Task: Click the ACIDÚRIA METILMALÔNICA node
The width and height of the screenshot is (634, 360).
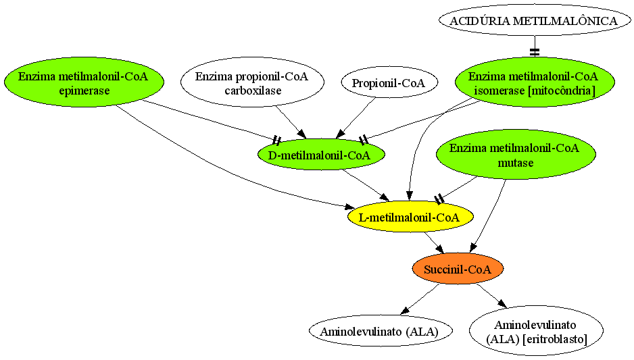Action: click(535, 21)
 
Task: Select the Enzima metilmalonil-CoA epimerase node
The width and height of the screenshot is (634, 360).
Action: click(84, 82)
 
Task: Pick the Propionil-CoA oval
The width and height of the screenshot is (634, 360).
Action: click(389, 82)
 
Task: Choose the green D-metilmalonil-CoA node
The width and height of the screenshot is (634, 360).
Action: click(321, 155)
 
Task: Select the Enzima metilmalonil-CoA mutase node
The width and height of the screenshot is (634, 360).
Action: click(516, 155)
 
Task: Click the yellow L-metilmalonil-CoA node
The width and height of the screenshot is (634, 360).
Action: click(410, 217)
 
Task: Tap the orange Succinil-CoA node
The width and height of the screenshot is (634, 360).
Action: click(458, 269)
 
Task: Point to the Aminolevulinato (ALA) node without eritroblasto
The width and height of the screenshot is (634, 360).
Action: click(381, 331)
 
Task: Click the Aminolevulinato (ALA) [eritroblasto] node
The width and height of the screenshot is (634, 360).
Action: click(536, 331)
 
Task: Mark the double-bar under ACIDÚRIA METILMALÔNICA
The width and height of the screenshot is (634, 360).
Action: click(535, 52)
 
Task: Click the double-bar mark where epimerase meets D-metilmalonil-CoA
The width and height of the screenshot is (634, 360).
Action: click(277, 140)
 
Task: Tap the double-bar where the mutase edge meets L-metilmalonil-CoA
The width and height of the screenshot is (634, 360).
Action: click(439, 199)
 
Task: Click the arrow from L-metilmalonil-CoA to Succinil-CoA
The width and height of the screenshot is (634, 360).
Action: click(434, 242)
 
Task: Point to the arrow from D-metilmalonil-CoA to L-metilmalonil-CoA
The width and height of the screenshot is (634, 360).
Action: click(366, 186)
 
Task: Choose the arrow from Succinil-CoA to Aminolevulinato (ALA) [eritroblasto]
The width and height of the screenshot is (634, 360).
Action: click(491, 296)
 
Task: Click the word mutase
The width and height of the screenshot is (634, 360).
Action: click(516, 163)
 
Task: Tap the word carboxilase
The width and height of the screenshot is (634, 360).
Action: click(253, 91)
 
